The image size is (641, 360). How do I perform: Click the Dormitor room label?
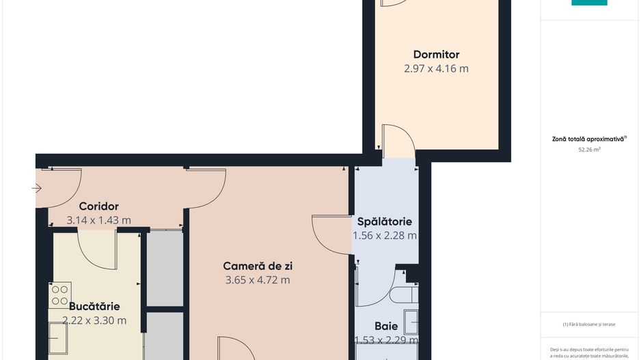(x=436, y=55)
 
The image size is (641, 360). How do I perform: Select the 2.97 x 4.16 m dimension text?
(x=436, y=69)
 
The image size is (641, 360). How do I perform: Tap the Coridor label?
(x=98, y=206)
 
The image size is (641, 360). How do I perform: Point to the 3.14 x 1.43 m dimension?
(x=98, y=221)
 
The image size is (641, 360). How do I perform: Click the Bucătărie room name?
(x=94, y=307)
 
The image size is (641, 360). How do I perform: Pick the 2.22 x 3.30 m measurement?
(x=94, y=320)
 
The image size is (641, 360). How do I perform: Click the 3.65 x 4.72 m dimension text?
(x=258, y=280)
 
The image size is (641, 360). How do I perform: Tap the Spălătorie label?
(x=385, y=222)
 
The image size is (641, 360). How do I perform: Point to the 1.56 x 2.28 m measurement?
(x=385, y=236)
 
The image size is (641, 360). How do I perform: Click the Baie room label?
(x=386, y=327)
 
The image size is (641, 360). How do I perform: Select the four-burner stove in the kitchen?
(x=59, y=296)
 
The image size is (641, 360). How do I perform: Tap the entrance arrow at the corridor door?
(x=37, y=189)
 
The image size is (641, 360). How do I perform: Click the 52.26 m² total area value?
(x=589, y=148)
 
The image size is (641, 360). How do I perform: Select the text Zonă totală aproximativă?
(x=588, y=139)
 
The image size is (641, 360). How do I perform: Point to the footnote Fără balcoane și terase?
(x=589, y=324)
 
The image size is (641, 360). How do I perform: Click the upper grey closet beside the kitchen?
(x=165, y=268)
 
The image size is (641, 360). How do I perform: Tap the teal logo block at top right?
(x=589, y=3)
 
